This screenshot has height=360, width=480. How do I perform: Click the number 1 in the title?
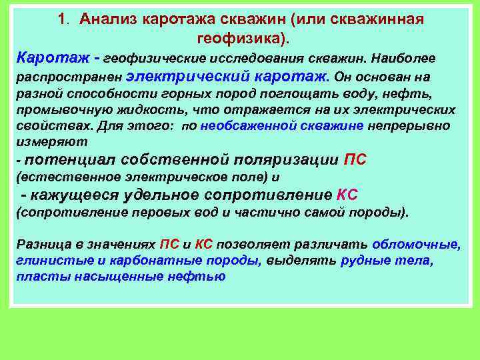pyautogui.click(x=61, y=19)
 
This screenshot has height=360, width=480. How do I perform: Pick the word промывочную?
pyautogui.click(x=56, y=110)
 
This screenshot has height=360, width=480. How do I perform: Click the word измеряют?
pyautogui.click(x=47, y=142)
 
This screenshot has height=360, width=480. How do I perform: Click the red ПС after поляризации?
pyautogui.click(x=355, y=160)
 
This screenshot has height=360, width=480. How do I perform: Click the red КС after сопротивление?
pyautogui.click(x=347, y=195)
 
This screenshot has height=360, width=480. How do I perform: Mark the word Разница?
pyautogui.click(x=43, y=244)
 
